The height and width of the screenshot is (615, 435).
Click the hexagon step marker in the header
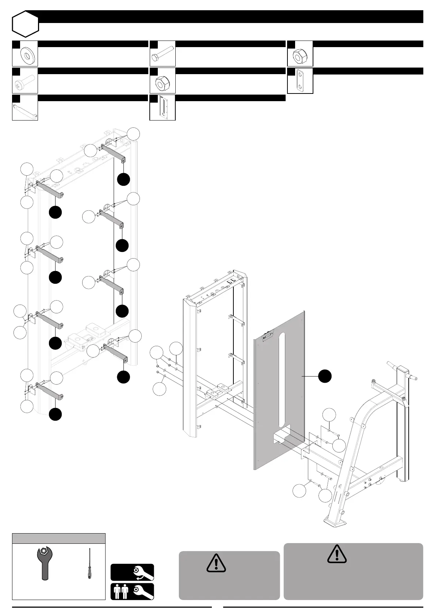pyautogui.click(x=25, y=23)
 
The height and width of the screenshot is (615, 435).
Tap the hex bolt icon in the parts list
pyautogui.click(x=163, y=54)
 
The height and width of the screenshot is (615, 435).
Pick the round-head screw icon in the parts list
pyautogui.click(x=24, y=81)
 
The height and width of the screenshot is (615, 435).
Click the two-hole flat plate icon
pyautogui.click(x=300, y=81)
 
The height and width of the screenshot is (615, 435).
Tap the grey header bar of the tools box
pyautogui.click(x=59, y=539)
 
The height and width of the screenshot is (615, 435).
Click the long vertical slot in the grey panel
pyautogui.click(x=281, y=380)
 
